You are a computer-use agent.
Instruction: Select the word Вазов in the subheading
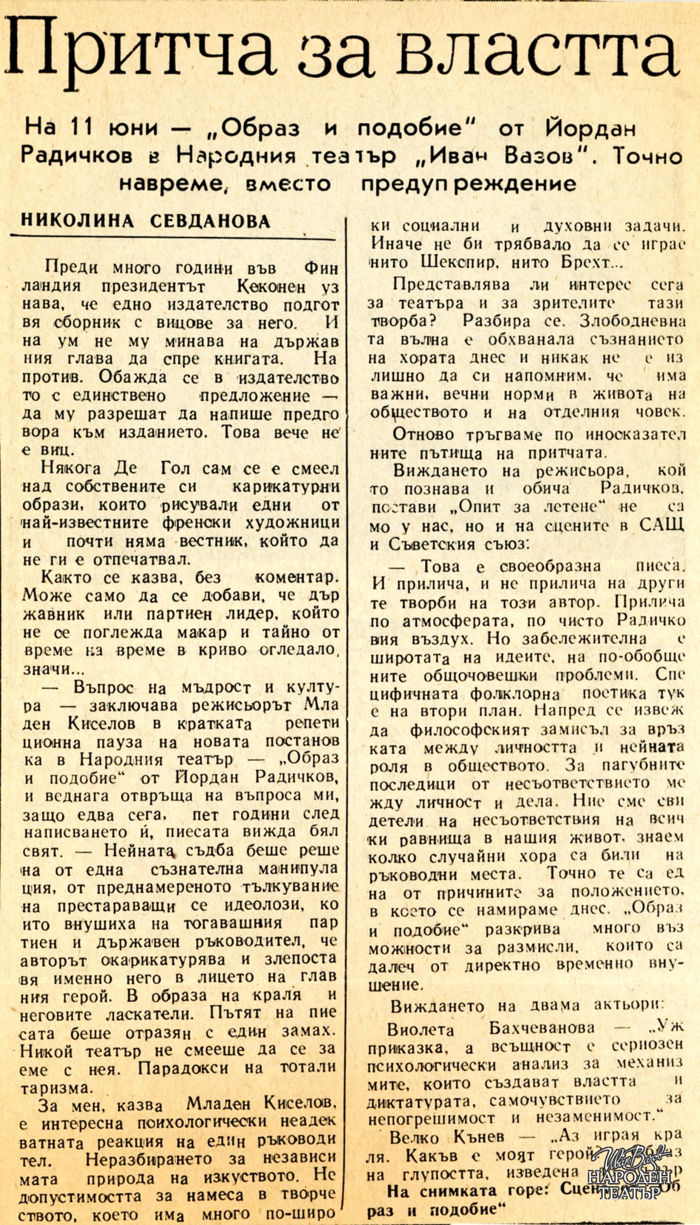[x=538, y=155]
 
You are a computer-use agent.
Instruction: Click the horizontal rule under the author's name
[x=173, y=237]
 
